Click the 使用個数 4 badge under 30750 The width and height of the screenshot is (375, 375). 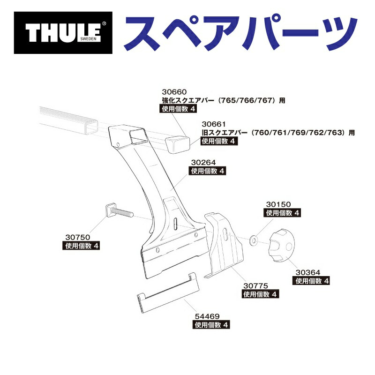point(81,246)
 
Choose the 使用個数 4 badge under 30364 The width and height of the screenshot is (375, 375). point(312,281)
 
